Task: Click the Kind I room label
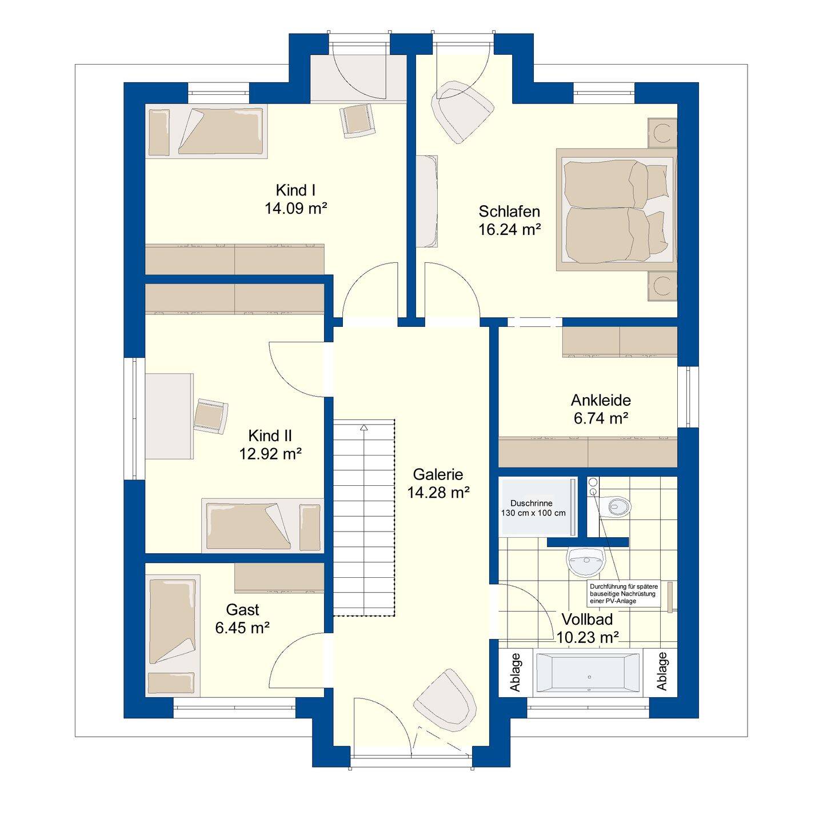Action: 295,190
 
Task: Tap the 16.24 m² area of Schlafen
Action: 509,230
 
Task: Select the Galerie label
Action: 438,474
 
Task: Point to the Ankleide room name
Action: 601,400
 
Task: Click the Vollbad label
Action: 588,619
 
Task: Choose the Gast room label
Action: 242,609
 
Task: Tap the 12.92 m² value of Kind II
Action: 270,454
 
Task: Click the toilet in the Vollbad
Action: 616,506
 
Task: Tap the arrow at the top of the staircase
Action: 363,427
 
